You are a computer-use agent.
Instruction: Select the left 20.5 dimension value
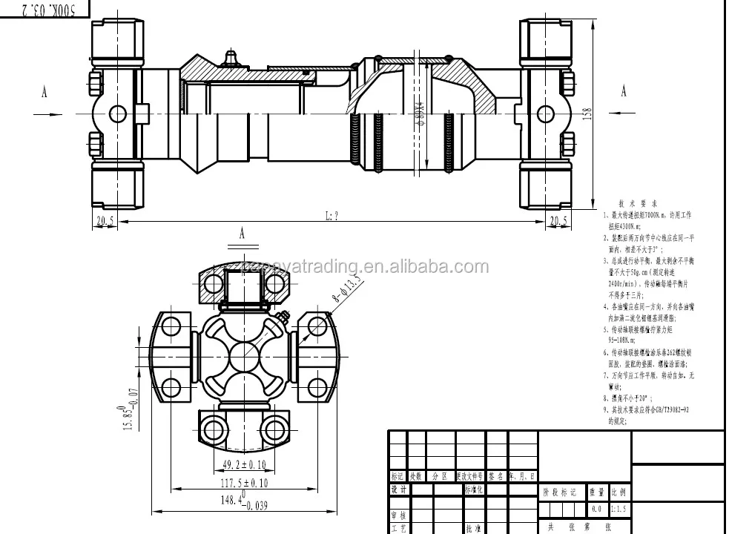[x=105, y=220]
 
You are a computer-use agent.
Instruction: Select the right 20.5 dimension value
[x=558, y=220]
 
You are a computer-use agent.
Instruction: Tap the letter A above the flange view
[x=242, y=232]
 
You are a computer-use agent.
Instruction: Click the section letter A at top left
[x=44, y=92]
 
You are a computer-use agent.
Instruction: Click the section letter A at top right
[x=624, y=91]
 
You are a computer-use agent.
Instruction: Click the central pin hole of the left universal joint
[x=118, y=113]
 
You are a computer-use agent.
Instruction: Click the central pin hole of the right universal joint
[x=545, y=113]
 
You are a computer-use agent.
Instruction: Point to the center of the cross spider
[x=243, y=357]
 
